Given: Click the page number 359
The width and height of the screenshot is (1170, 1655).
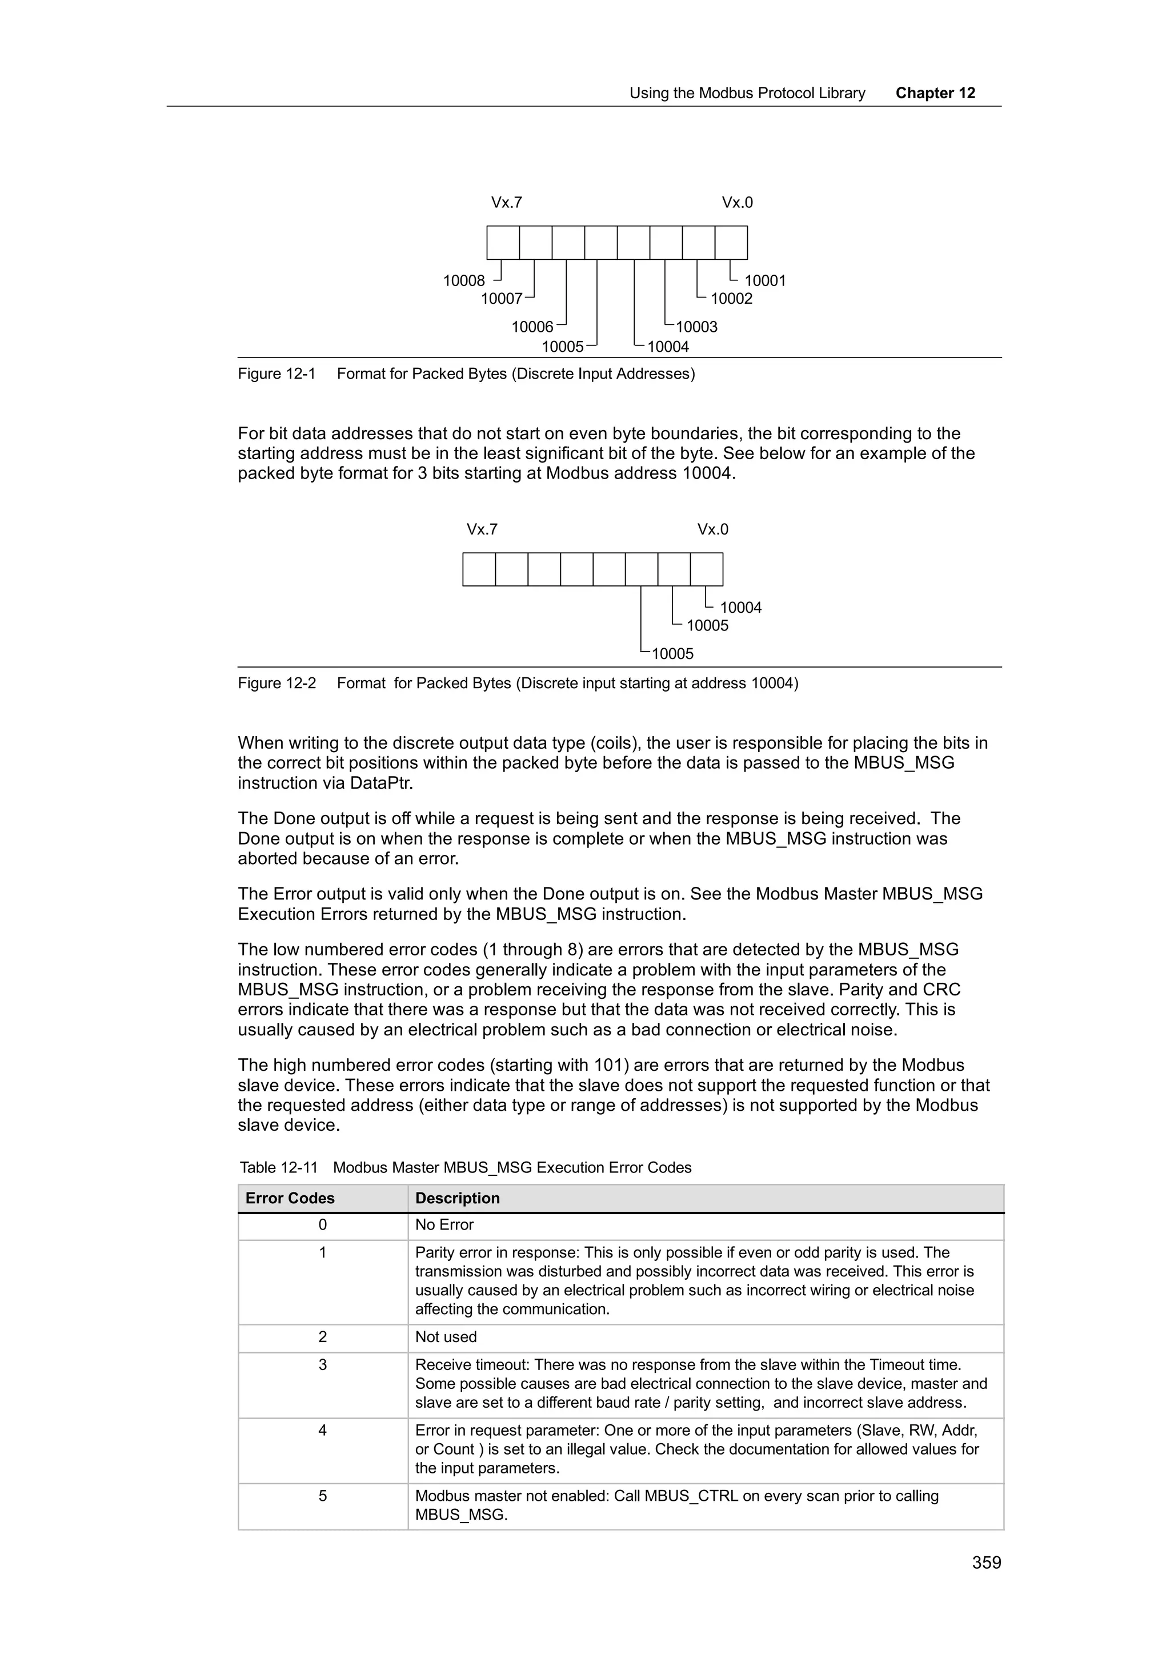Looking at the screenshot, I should pyautogui.click(x=986, y=1562).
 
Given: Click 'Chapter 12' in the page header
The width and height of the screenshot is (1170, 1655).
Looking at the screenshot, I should pyautogui.click(x=935, y=93).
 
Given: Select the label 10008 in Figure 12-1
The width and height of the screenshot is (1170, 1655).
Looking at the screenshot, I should pyautogui.click(x=463, y=281).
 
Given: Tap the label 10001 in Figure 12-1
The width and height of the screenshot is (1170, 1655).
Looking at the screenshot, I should pyautogui.click(x=765, y=281).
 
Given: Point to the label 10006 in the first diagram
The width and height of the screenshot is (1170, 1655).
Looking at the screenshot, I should pyautogui.click(x=532, y=327).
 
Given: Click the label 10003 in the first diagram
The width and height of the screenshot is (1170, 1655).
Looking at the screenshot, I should pyautogui.click(x=696, y=327).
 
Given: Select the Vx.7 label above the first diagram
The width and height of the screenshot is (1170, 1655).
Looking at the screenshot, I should pyautogui.click(x=506, y=203).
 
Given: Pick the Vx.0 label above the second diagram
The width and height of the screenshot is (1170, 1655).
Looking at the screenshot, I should pyautogui.click(x=712, y=530).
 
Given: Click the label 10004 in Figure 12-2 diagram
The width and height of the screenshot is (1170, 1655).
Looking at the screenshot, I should pyautogui.click(x=740, y=608).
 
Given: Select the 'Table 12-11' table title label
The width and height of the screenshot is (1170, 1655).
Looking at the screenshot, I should pyautogui.click(x=278, y=1168).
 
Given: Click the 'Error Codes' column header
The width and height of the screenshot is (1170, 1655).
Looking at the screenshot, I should pyautogui.click(x=290, y=1198).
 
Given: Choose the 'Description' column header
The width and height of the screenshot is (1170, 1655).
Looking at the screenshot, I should pyautogui.click(x=457, y=1198).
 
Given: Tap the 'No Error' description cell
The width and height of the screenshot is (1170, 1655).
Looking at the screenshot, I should pyautogui.click(x=444, y=1224).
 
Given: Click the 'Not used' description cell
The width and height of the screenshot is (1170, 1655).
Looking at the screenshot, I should pyautogui.click(x=446, y=1337).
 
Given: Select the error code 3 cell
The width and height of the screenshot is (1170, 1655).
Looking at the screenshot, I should pyautogui.click(x=322, y=1364).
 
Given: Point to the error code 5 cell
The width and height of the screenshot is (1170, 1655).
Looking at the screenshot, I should pyautogui.click(x=322, y=1496).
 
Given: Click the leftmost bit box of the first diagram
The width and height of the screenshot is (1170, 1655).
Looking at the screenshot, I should pyautogui.click(x=503, y=243).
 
